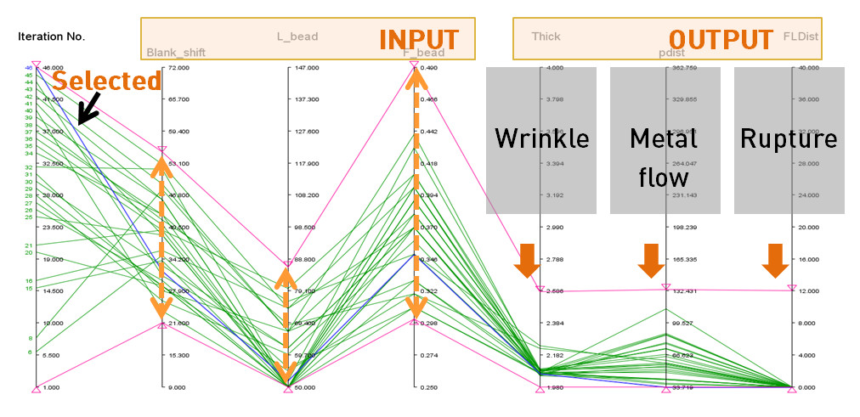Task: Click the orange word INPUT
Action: pos(418,39)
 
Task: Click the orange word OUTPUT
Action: pos(721,39)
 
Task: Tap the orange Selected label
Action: pos(106,81)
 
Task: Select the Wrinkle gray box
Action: pos(541,140)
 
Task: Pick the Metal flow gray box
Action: pos(665,140)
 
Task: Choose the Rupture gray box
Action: pos(789,140)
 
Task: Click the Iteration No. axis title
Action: pos(51,37)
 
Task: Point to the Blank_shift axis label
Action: pos(176,53)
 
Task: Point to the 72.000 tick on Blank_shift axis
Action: pos(179,67)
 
